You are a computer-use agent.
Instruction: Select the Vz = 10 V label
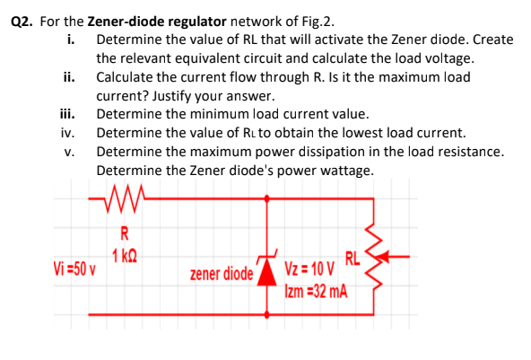click(309, 270)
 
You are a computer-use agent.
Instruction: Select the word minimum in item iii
click(204, 114)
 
